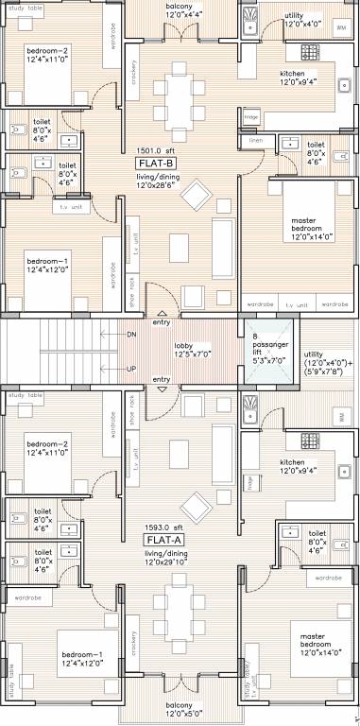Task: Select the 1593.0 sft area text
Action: pos(163,527)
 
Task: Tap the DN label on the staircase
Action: pos(131,334)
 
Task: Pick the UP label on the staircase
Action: pos(131,368)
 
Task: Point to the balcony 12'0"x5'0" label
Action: pos(179,710)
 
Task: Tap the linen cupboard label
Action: pos(256,140)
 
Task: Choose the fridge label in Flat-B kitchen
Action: pos(250,116)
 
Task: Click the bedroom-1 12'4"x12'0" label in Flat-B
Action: pos(48,266)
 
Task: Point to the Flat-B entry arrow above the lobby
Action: pos(162,314)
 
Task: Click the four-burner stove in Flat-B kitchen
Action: pos(310,51)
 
